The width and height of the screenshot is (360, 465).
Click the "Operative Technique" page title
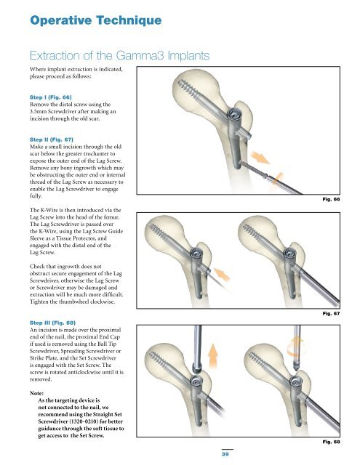(x=96, y=20)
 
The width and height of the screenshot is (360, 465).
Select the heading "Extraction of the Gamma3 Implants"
(x=119, y=55)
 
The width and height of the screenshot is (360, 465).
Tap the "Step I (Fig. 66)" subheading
(x=50, y=97)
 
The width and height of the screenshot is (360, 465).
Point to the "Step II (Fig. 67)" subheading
(x=52, y=139)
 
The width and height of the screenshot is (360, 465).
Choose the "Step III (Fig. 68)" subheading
(x=52, y=323)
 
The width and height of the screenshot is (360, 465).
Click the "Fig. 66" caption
(x=331, y=199)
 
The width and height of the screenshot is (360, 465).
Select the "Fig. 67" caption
(x=331, y=313)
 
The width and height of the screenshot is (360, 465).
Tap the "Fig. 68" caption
(x=331, y=442)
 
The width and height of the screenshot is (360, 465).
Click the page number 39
(x=225, y=453)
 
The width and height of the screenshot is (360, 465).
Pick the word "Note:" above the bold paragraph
(x=36, y=393)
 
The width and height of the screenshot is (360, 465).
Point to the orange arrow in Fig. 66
(x=260, y=157)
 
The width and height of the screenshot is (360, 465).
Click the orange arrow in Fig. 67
(x=222, y=274)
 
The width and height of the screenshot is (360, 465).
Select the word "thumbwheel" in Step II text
(x=74, y=302)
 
